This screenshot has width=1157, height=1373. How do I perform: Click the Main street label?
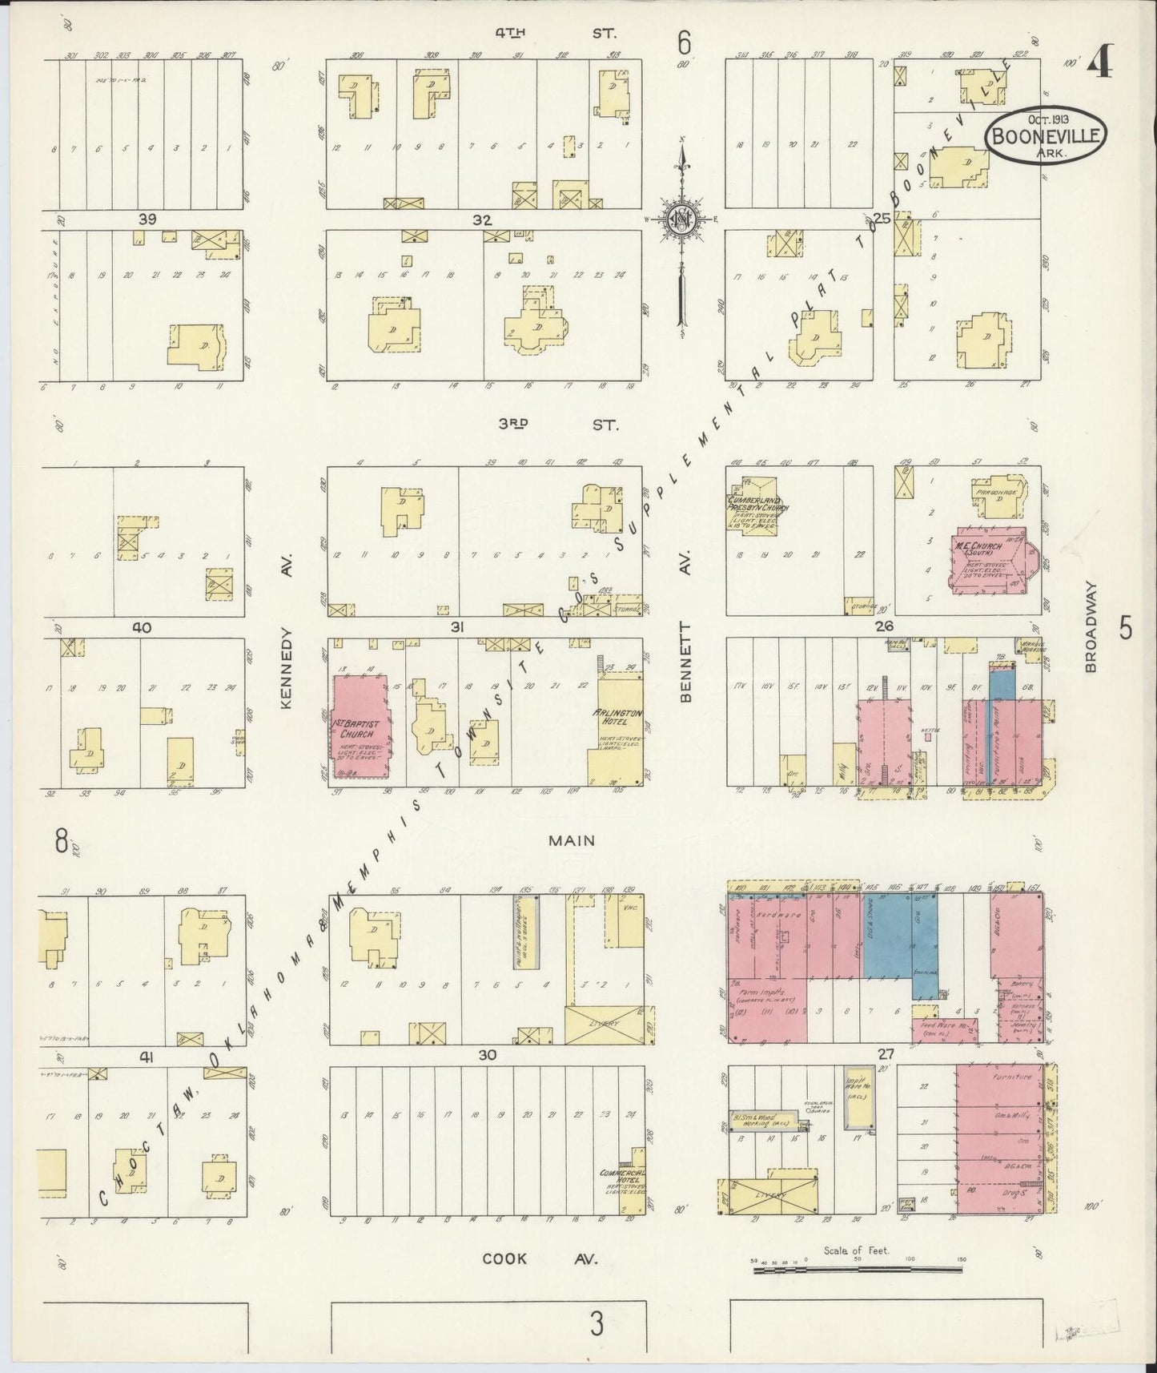tap(572, 840)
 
